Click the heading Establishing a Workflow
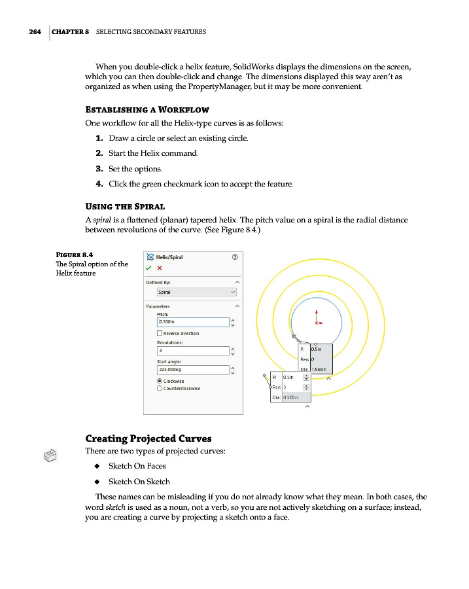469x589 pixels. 147,109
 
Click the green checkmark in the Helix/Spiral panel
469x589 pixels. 148,268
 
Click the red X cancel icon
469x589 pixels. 160,268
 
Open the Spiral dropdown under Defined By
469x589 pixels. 197,292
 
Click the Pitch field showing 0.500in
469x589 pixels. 193,322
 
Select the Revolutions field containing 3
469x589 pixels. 193,350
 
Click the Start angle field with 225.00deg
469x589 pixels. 193,369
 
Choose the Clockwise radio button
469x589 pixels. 160,380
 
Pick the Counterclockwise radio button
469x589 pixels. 160,388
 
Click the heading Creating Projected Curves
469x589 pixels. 148,438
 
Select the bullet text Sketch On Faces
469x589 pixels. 137,466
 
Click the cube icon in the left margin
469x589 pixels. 51,455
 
